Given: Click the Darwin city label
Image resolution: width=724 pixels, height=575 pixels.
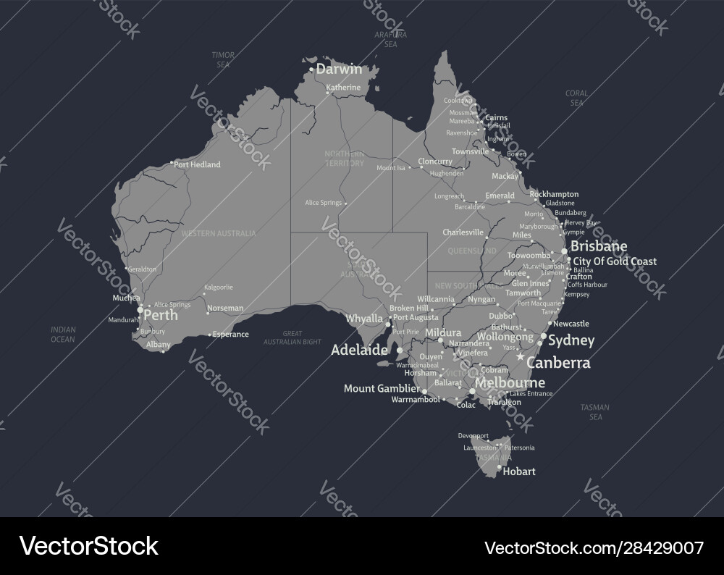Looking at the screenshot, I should [x=340, y=70].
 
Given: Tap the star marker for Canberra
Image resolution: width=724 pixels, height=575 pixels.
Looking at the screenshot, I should [x=519, y=357].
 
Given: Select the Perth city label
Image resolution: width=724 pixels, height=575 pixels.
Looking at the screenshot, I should [x=161, y=316].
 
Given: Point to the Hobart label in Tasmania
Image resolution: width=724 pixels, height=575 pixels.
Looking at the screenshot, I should [x=518, y=471].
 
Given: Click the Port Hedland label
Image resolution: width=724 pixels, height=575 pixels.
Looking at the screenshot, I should [x=197, y=164].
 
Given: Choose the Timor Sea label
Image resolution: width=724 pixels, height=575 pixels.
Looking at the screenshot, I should [x=222, y=59].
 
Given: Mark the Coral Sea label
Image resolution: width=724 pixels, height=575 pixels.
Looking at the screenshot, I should [x=576, y=98].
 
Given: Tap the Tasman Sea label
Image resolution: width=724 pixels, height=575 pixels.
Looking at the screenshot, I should [x=595, y=412].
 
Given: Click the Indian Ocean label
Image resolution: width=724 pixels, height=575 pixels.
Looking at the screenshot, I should [x=63, y=334].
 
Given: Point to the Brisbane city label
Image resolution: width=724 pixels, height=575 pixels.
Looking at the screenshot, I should [x=599, y=246].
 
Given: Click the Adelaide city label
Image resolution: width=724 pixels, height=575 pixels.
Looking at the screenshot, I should [x=359, y=350].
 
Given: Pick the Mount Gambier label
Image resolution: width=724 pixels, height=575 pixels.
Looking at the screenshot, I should [x=382, y=388].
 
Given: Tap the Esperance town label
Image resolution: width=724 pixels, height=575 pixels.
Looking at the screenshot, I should [x=231, y=335].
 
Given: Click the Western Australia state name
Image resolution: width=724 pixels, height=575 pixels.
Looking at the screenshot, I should [x=219, y=233].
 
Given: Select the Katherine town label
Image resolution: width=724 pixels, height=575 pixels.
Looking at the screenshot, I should [x=343, y=88].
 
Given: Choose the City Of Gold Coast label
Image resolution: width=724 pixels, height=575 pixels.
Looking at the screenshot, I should [x=615, y=261].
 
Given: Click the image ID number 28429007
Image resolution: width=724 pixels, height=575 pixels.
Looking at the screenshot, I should [x=655, y=547].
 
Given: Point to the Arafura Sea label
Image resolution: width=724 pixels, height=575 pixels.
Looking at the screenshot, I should [x=391, y=39].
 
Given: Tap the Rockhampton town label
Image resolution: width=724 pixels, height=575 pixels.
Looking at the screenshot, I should [x=554, y=194].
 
